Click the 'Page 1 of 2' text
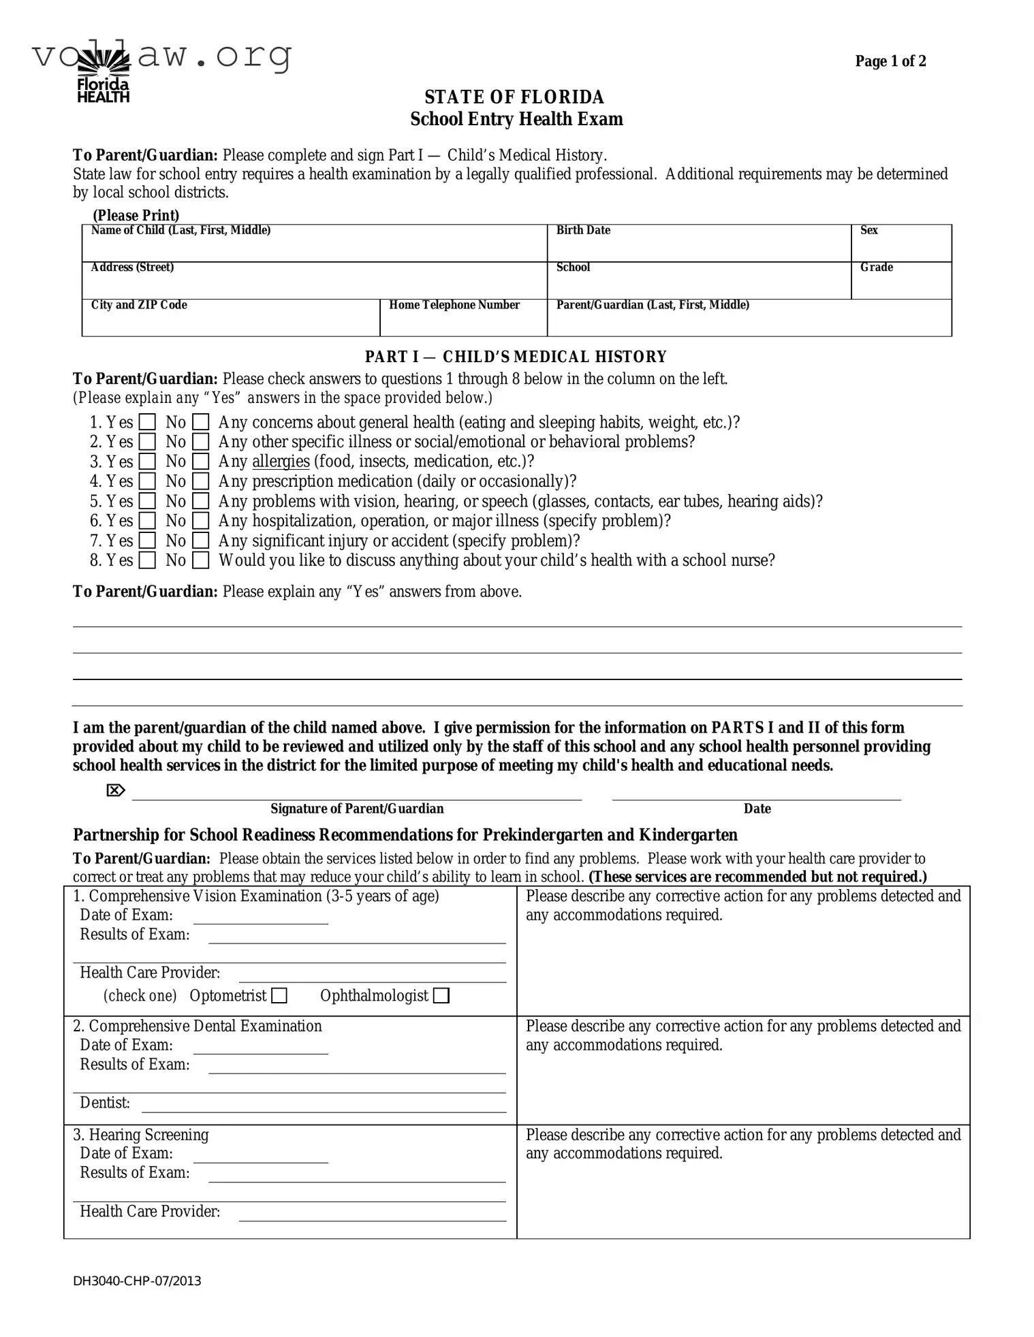[x=890, y=61]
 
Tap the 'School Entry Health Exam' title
[x=516, y=119]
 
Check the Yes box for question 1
[x=147, y=423]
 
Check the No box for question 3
[x=200, y=462]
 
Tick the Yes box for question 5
[x=147, y=502]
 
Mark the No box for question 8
[x=200, y=561]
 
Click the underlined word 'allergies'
[x=281, y=462]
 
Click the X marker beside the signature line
[x=116, y=790]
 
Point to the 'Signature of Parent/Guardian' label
[x=357, y=809]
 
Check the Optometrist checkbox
[x=279, y=996]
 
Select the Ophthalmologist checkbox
[x=441, y=996]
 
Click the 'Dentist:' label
[x=105, y=1102]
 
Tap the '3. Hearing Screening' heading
[x=141, y=1135]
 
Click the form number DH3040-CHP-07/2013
[x=137, y=1280]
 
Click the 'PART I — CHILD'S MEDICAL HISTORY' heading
[x=516, y=357]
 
